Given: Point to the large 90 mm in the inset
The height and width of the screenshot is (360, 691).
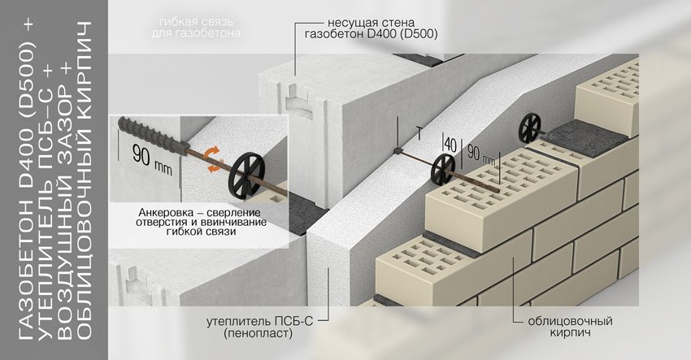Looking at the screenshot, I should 145,158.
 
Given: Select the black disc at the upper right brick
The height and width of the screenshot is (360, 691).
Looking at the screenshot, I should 529,126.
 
